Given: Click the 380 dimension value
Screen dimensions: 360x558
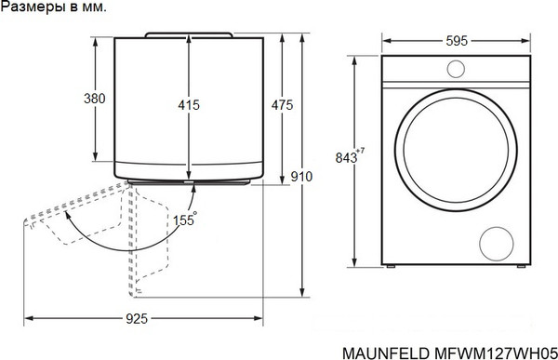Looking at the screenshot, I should pos(94,99).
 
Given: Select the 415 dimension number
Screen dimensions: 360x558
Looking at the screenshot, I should pos(189,105).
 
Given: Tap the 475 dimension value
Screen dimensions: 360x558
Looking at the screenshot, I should pos(282,105).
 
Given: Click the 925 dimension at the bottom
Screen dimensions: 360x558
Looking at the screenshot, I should pos(136,319).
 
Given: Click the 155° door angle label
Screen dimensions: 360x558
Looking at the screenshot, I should pos(184,220).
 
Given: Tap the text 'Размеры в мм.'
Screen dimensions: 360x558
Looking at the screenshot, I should pos(54,7).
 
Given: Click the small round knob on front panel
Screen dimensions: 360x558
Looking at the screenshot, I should pos(456,69).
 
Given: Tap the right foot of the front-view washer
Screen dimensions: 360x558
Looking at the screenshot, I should pos(519,268).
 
